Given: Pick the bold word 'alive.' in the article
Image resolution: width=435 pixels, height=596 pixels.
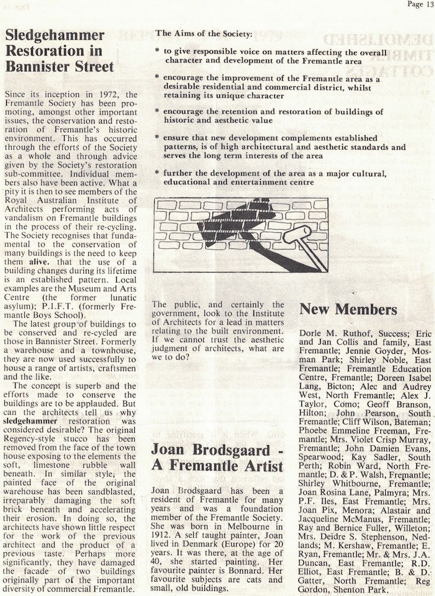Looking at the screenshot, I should pos(37,245).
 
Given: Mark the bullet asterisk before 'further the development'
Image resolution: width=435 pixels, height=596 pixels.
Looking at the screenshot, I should pos(157,171).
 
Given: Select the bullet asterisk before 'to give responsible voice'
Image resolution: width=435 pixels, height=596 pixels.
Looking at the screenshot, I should pos(157,53).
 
